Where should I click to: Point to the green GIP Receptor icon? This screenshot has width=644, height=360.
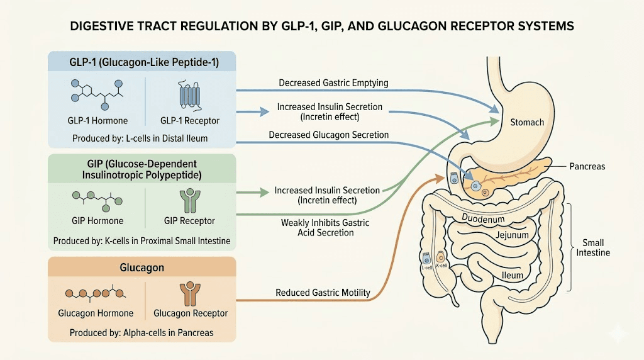coord(189,200)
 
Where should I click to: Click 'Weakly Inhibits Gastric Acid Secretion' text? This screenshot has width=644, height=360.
coord(325,228)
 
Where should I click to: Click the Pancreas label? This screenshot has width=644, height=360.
coord(587,166)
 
